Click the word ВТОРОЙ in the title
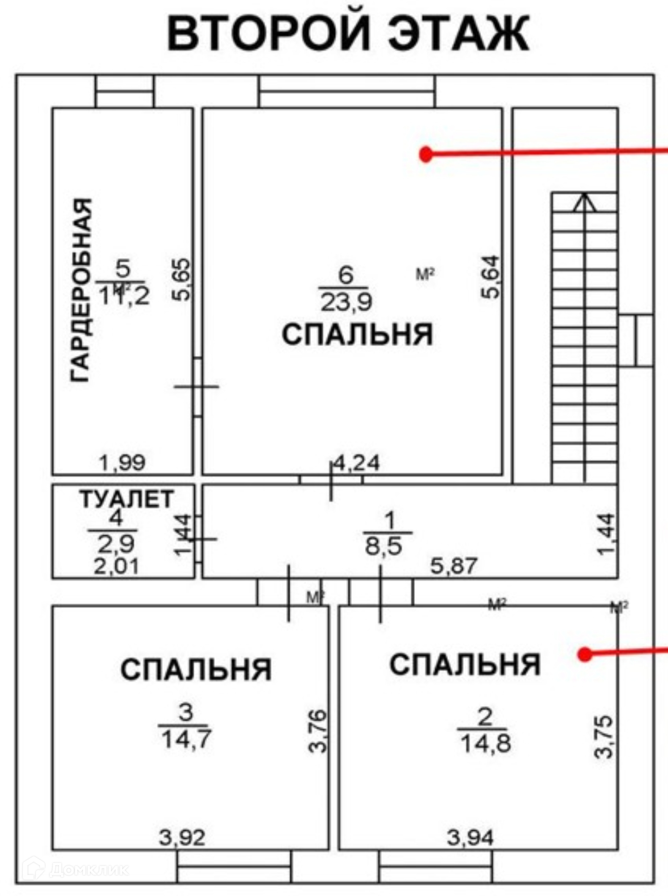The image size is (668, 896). pyautogui.click(x=268, y=34)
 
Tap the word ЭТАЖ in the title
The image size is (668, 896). pyautogui.click(x=459, y=34)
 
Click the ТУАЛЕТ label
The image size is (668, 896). pyautogui.click(x=127, y=499)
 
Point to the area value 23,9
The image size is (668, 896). pyautogui.click(x=346, y=302)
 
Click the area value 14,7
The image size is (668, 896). pyautogui.click(x=186, y=739)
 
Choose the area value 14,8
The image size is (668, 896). pyautogui.click(x=485, y=742)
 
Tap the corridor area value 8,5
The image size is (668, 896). pyautogui.click(x=383, y=546)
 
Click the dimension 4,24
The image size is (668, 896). pyautogui.click(x=357, y=463)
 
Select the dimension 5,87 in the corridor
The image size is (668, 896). pyautogui.click(x=454, y=566)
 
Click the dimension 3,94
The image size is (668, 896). pyautogui.click(x=470, y=838)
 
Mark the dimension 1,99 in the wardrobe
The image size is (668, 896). pyautogui.click(x=122, y=462)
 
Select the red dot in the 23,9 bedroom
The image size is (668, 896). pyautogui.click(x=426, y=154)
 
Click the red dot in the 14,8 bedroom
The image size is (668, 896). pyautogui.click(x=585, y=655)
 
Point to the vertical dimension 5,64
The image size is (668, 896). pyautogui.click(x=491, y=277)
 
